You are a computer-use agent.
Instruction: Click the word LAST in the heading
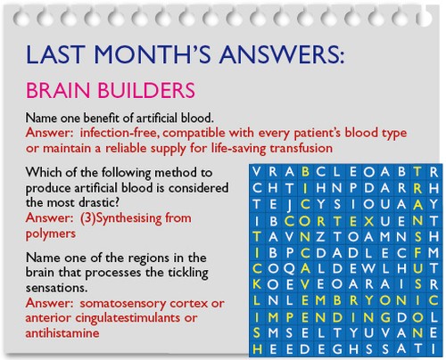click(x=54, y=54)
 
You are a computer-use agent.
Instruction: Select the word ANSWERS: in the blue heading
click(x=282, y=54)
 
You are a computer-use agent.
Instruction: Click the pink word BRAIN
click(x=58, y=90)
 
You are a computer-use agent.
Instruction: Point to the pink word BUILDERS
click(x=146, y=90)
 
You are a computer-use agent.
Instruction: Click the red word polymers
click(x=51, y=234)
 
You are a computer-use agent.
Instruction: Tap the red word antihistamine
click(x=62, y=333)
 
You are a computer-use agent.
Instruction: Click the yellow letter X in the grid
click(x=368, y=221)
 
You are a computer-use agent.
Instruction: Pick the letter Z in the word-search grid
click(x=320, y=237)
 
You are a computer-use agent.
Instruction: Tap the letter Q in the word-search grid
click(x=289, y=269)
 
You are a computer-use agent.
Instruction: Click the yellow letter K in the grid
click(x=257, y=284)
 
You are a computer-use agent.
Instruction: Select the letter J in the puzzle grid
click(x=289, y=206)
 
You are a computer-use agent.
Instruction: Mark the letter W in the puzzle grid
click(x=368, y=268)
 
